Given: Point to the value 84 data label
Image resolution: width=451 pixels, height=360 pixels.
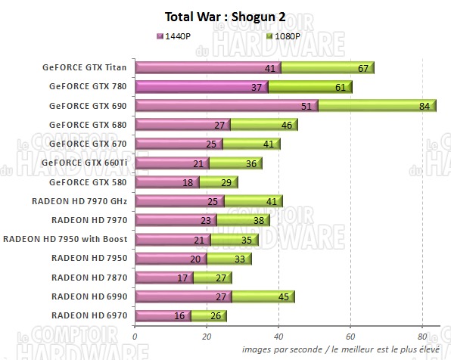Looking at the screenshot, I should click(x=424, y=106).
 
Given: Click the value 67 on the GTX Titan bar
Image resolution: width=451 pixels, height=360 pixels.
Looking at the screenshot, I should click(x=363, y=68).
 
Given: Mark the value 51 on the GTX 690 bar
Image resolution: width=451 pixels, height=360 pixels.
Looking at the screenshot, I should click(x=306, y=106).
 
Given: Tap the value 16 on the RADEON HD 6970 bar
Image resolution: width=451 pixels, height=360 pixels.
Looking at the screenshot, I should click(x=179, y=315).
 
